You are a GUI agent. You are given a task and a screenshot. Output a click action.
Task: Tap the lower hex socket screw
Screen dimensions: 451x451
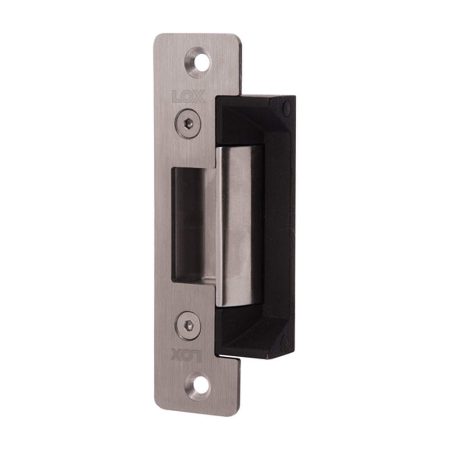pos(188,326)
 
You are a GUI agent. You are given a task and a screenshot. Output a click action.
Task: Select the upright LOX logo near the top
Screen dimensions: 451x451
pos(189,97)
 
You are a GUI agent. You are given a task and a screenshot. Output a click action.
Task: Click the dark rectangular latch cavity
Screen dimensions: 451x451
pos(189,225)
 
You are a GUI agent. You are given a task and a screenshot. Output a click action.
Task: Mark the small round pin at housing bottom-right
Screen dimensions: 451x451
pos(285,342)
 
